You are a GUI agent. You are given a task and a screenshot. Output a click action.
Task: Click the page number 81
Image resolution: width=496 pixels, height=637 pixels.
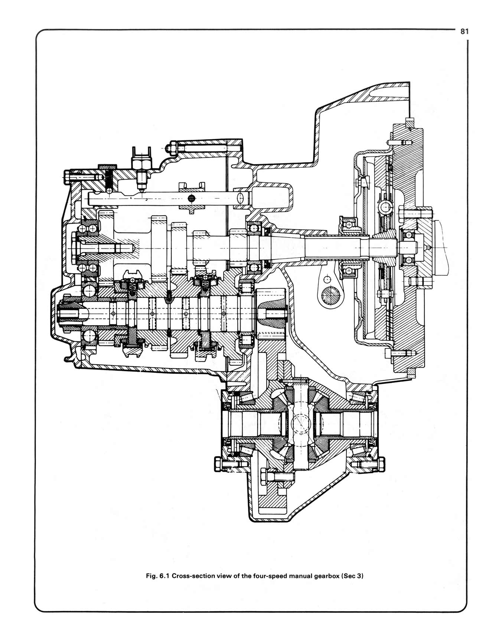tap(464, 32)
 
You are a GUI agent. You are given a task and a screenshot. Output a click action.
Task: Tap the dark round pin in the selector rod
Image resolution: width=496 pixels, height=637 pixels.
tap(192, 198)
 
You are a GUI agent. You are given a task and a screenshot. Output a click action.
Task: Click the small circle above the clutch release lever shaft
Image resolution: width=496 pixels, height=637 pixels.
tap(327, 279)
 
